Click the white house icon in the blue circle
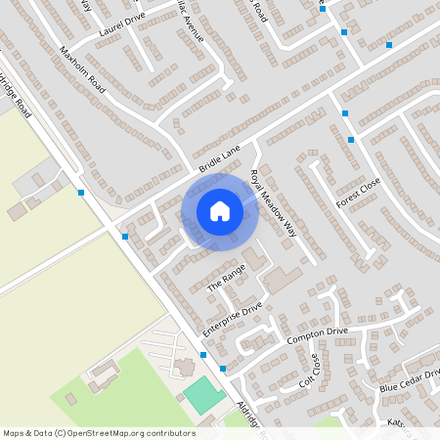click(220, 211)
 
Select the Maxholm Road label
click(82, 66)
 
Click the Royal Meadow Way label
click(273, 203)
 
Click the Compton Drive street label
click(317, 336)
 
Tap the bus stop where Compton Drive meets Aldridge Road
click(224, 369)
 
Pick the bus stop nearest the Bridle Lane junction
click(125, 237)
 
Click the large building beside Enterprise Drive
click(283, 280)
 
